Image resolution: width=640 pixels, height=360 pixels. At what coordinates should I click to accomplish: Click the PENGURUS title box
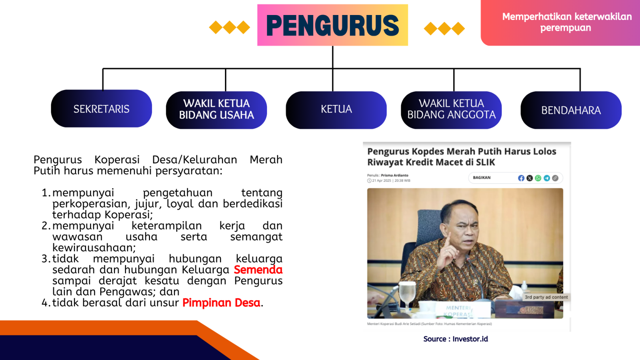click(332, 25)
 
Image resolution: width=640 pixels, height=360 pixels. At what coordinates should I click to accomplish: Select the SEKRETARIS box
click(101, 109)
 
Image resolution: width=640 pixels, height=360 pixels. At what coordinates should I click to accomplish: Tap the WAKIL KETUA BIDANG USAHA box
click(216, 110)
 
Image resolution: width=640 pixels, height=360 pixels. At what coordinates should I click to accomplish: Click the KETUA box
click(336, 110)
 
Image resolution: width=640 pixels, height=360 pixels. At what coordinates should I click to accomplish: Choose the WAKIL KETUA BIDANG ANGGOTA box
click(451, 110)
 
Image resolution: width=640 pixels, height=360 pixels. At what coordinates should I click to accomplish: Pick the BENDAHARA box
click(571, 110)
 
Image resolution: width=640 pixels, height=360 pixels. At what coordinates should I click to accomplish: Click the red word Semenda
click(258, 270)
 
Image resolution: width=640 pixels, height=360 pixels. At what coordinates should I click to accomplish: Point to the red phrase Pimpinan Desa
click(221, 303)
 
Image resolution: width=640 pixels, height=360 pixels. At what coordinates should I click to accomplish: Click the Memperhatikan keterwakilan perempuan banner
click(566, 22)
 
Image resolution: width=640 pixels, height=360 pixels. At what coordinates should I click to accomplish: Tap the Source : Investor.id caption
click(455, 339)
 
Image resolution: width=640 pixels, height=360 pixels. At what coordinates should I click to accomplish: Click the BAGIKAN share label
click(482, 178)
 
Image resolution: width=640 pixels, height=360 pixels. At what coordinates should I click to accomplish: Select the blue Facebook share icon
click(521, 178)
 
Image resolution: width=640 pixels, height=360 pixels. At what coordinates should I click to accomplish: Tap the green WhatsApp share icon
click(538, 178)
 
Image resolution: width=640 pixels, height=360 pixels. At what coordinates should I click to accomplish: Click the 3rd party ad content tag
click(546, 297)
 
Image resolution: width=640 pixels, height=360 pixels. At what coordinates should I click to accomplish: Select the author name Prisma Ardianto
click(395, 175)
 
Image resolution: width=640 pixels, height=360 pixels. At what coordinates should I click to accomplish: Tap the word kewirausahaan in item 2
click(94, 248)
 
